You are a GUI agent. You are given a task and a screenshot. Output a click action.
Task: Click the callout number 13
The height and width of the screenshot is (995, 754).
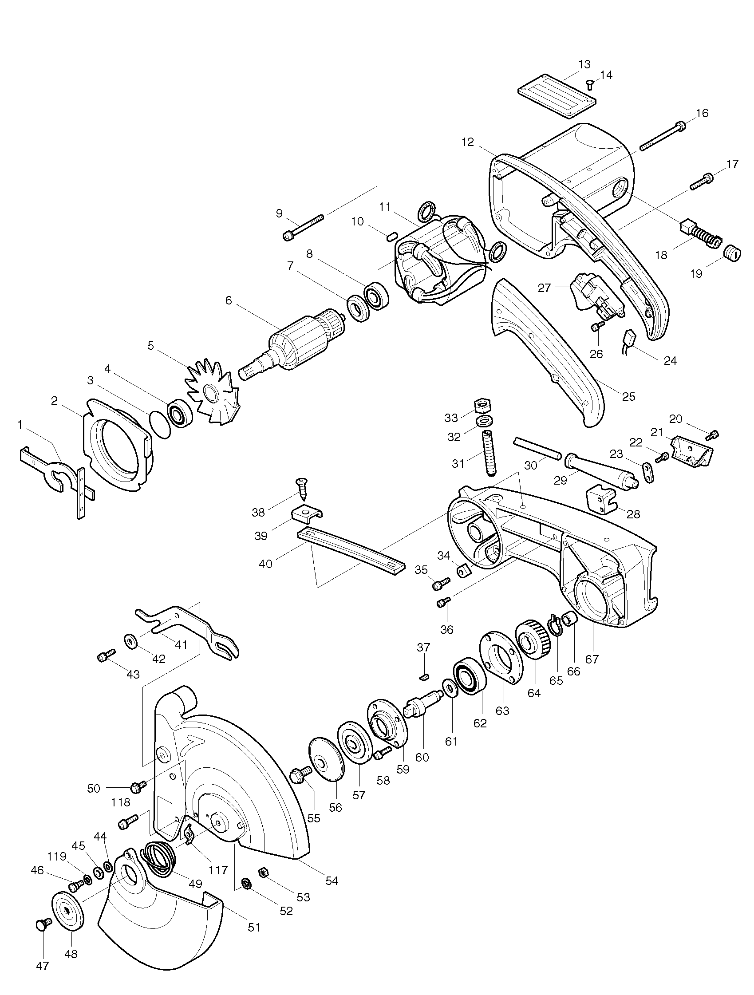click(x=584, y=64)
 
